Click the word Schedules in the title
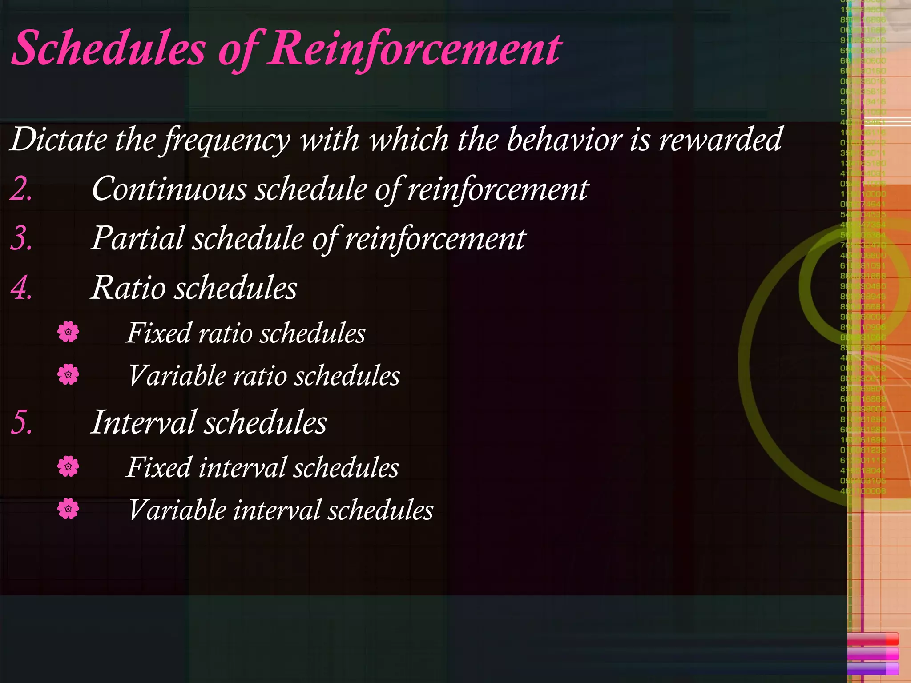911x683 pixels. [109, 48]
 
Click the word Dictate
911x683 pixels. [58, 139]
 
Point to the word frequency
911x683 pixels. [227, 140]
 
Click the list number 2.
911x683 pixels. [21, 189]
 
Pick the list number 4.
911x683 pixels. [21, 288]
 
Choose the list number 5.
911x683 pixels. [21, 422]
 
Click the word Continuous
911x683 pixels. [169, 189]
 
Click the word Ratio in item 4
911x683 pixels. [129, 288]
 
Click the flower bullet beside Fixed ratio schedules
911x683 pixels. [68, 332]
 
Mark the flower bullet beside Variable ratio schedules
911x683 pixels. [68, 374]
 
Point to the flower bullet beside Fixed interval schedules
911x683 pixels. [68, 466]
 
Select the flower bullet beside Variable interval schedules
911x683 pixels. [68, 509]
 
